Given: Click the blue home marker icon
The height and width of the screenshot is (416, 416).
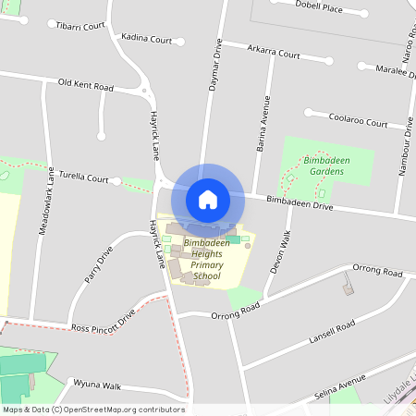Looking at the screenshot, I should tap(208, 199).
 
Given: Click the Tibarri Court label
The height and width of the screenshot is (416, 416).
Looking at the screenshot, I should tap(80, 27).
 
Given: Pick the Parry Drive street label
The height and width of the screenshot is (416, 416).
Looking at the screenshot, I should tap(98, 264).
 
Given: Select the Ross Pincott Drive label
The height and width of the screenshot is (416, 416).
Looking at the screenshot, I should tap(104, 322).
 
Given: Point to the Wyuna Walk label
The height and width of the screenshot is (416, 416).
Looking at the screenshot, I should tap(98, 385).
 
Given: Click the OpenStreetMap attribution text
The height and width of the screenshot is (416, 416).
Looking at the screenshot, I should tap(93, 410).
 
